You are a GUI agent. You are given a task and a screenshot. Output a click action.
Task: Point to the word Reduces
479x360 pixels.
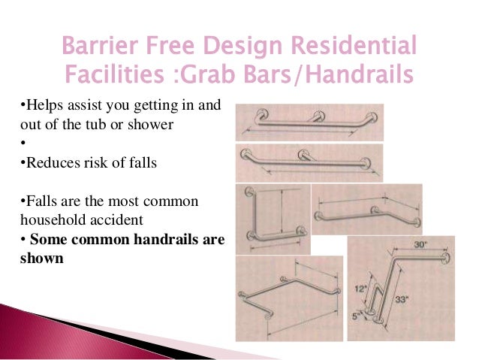[x=46, y=162]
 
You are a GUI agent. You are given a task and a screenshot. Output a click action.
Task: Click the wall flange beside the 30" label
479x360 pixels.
[x=449, y=258]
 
